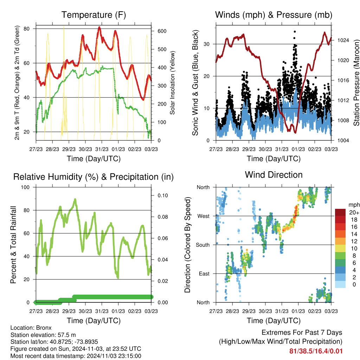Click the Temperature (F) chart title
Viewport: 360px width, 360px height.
click(x=94, y=15)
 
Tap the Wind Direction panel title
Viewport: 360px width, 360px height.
click(x=274, y=175)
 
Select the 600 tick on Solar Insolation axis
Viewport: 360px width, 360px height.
click(x=162, y=31)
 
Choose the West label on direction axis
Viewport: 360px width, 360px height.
click(x=203, y=216)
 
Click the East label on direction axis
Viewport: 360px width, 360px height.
click(x=204, y=274)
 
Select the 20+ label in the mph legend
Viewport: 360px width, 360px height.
click(x=352, y=212)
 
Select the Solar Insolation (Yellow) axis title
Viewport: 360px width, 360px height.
click(x=173, y=83)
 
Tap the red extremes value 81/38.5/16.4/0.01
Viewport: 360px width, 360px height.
click(x=316, y=351)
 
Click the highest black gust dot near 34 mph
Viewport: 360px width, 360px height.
click(x=295, y=32)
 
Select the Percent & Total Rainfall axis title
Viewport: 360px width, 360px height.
click(x=13, y=245)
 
